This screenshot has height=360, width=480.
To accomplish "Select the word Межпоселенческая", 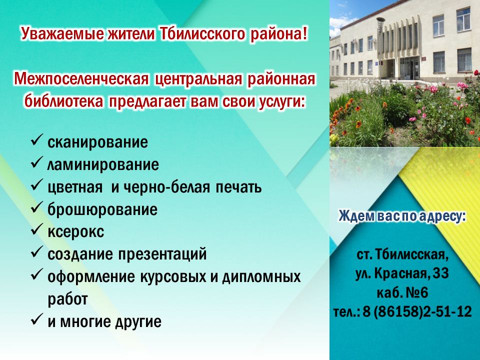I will (81, 79).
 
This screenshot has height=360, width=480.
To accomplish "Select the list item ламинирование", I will (103, 164).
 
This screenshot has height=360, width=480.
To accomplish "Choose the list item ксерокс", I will (75, 232).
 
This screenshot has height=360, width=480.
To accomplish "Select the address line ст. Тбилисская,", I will (403, 254).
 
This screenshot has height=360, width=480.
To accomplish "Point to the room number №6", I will (416, 292).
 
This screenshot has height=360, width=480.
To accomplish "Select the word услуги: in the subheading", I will (280, 101).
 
